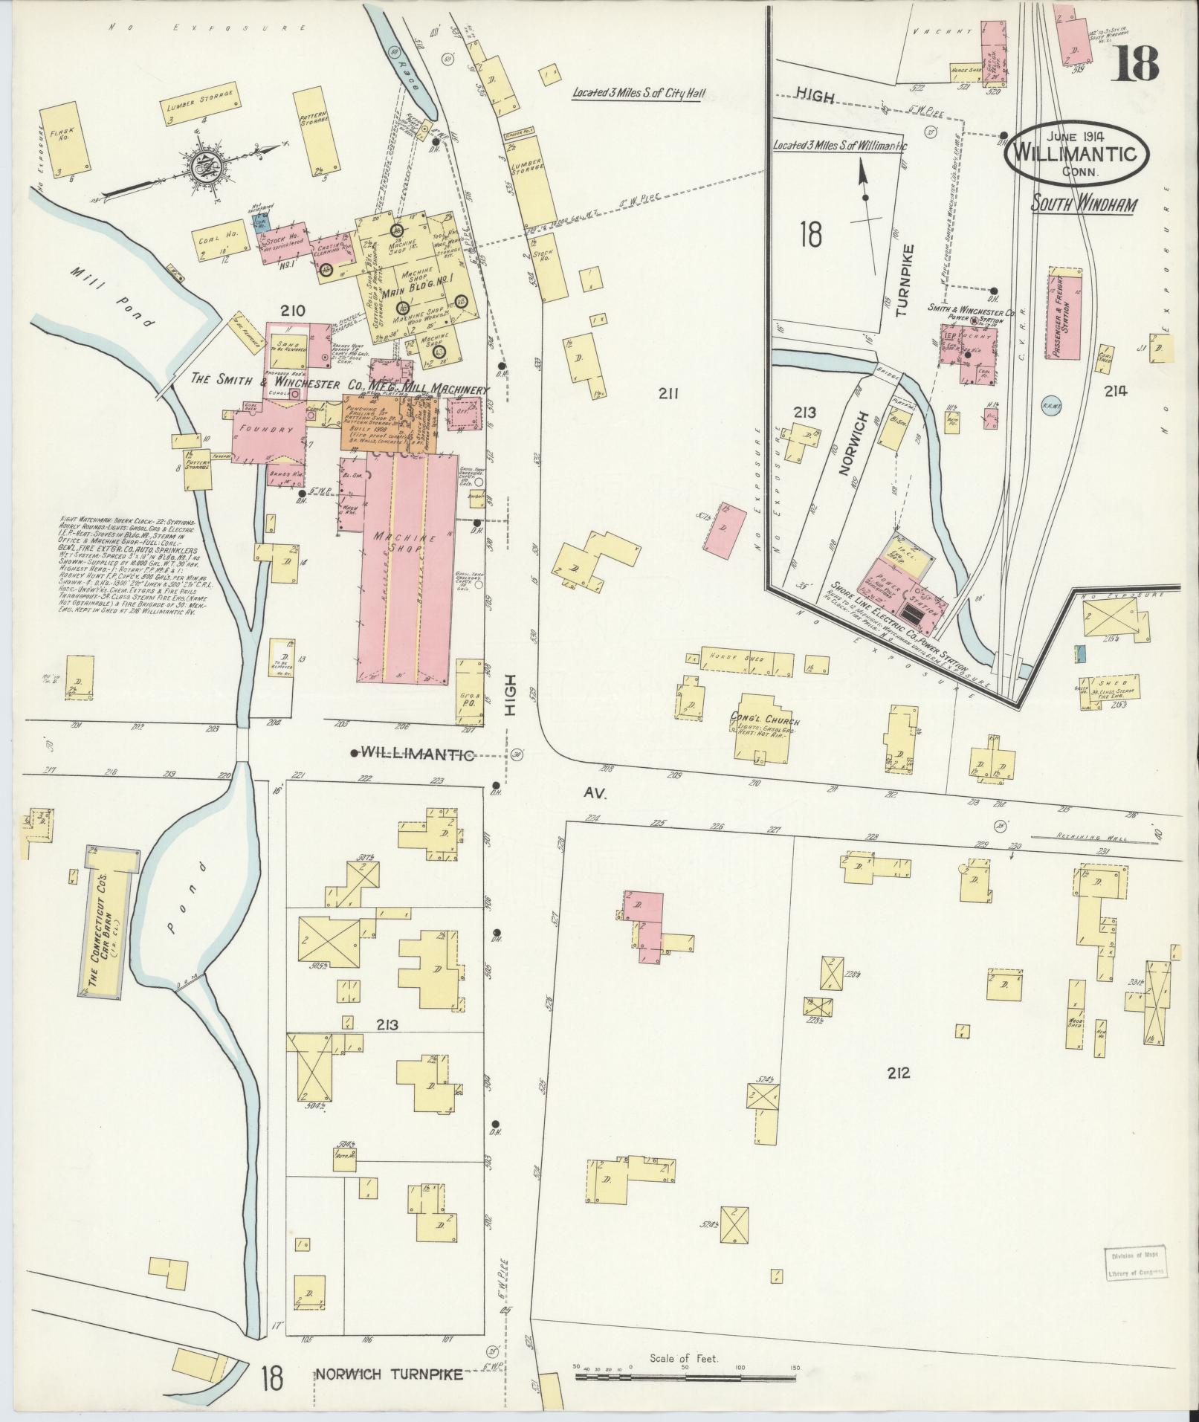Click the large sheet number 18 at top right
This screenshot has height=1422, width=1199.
pos(1135,59)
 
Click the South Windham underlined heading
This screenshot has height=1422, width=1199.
pos(1083,203)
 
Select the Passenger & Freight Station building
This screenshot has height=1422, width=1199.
pos(1065,317)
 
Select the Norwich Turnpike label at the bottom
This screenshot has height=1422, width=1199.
pos(389,1374)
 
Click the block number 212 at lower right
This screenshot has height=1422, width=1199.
pos(898,1072)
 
